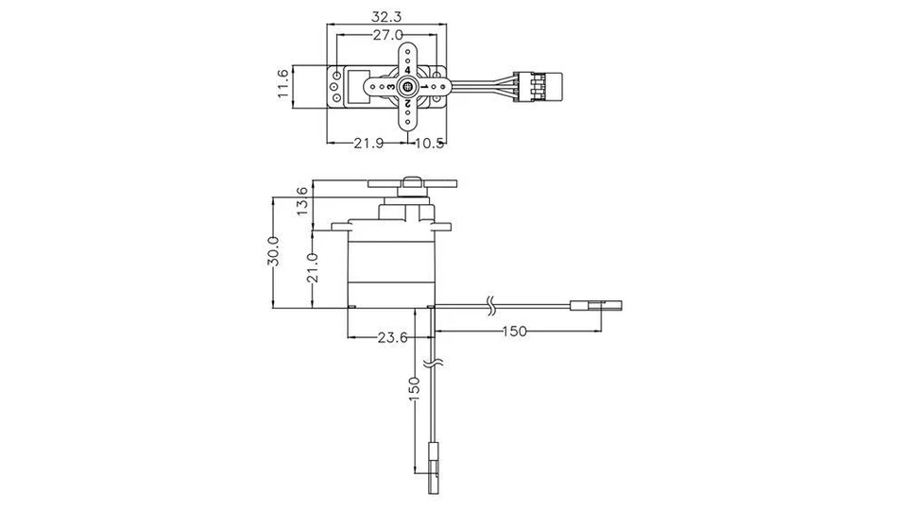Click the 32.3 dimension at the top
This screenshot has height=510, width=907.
386,16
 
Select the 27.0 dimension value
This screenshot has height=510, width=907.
387,35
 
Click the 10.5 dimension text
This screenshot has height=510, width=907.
429,144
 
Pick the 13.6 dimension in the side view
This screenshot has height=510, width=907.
301,201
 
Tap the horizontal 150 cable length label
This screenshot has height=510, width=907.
515,331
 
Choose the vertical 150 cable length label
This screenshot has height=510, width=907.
413,389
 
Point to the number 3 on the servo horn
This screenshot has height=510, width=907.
390,87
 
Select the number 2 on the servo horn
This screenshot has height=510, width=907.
407,102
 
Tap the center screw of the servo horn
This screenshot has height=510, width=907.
407,87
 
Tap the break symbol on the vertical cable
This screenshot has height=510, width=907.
434,361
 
